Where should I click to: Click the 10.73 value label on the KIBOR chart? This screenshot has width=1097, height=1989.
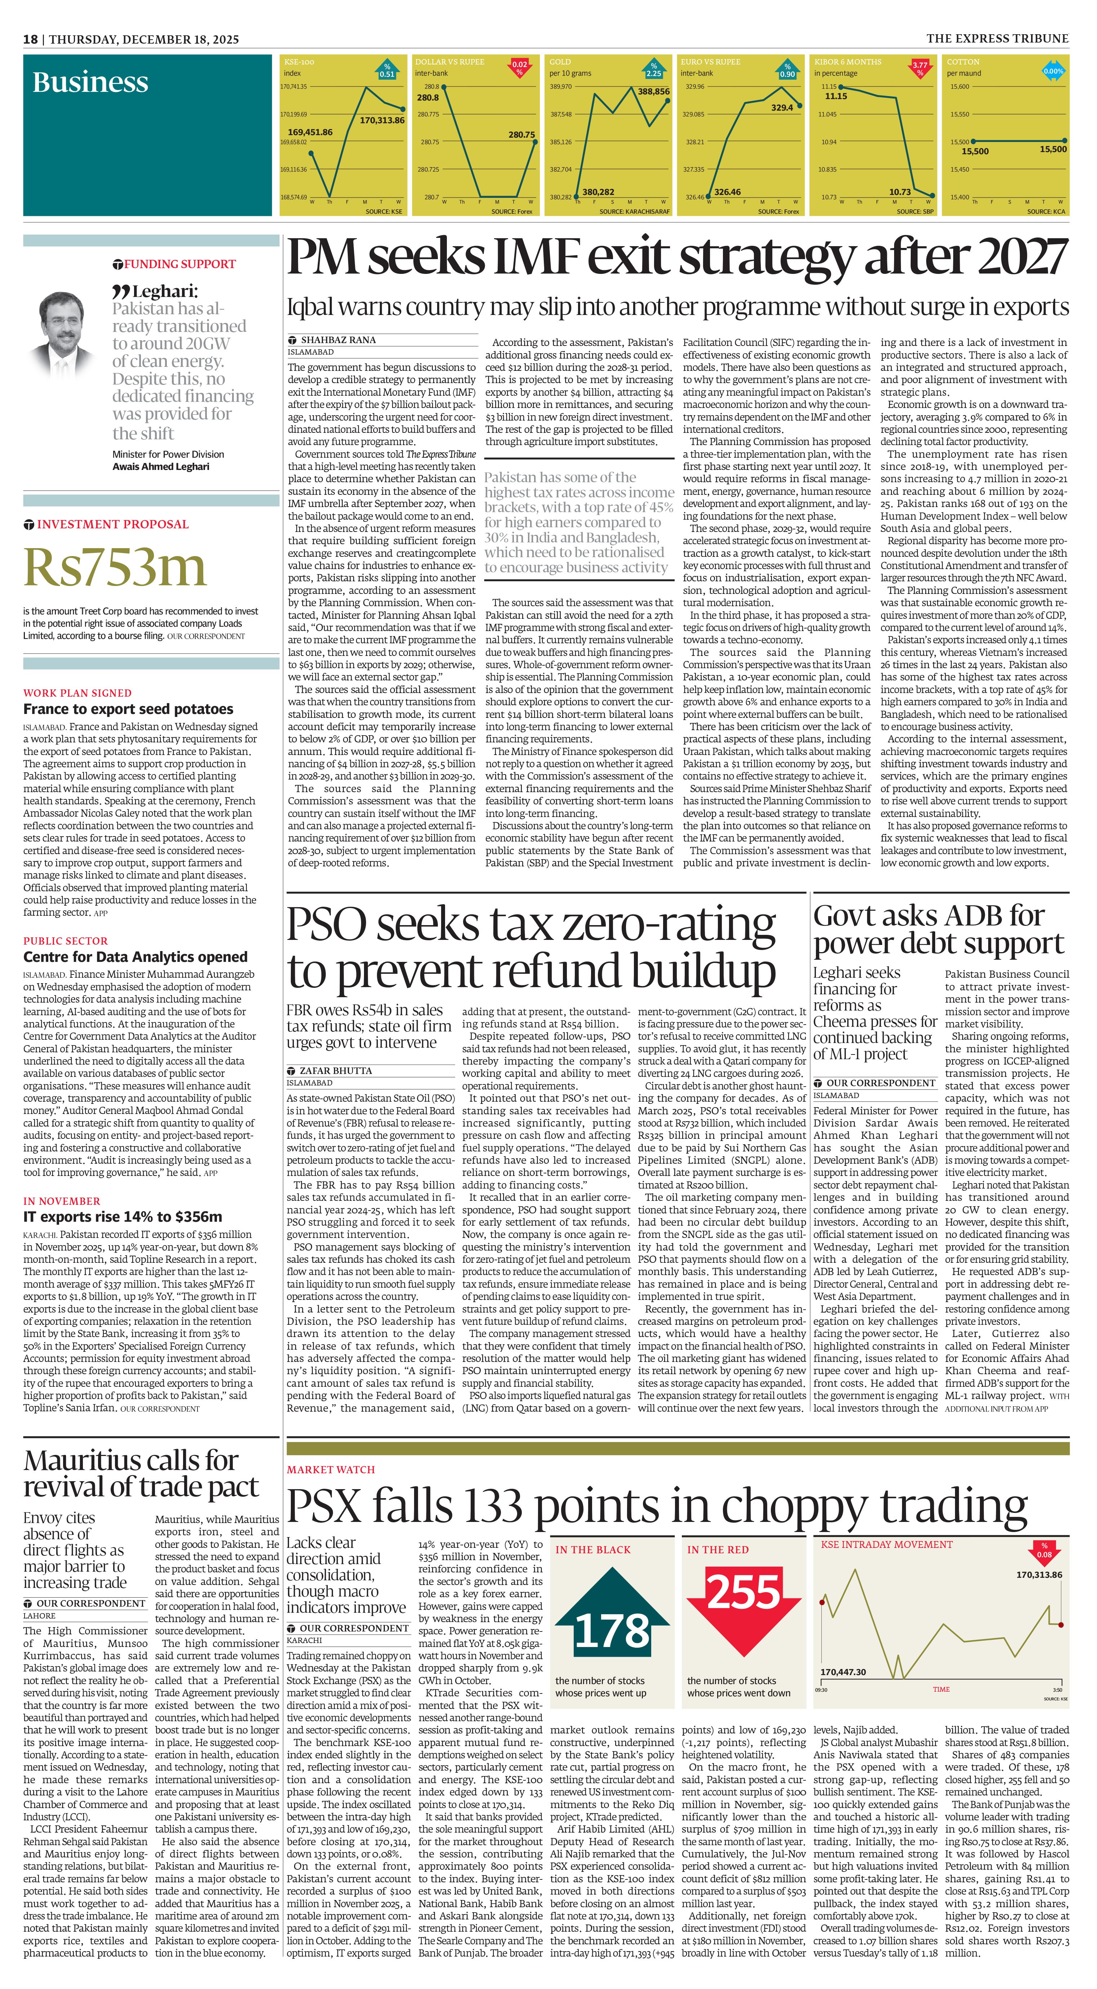pyautogui.click(x=900, y=192)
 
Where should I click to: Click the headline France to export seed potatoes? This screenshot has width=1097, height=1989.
pyautogui.click(x=128, y=709)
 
